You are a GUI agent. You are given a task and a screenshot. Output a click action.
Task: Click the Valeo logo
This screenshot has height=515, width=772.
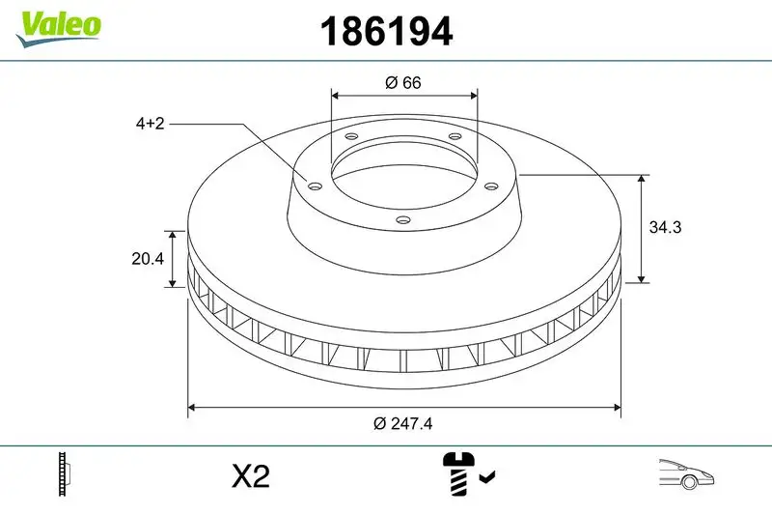(x=58, y=25)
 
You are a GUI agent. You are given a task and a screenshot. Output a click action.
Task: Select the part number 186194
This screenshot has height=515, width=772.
(x=386, y=32)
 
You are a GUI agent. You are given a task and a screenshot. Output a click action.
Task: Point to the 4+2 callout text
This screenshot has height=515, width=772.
(x=151, y=124)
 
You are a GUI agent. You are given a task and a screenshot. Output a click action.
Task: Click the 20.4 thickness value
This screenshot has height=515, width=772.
(x=149, y=259)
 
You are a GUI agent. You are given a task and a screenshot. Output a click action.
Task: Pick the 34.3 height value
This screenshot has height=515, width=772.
(x=667, y=228)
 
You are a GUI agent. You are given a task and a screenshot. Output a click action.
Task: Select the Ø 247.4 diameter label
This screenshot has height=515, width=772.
(x=403, y=423)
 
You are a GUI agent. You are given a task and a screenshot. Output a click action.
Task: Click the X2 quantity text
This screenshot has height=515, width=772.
(x=250, y=476)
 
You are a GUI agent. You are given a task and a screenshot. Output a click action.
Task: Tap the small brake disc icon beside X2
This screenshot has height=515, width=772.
(x=65, y=475)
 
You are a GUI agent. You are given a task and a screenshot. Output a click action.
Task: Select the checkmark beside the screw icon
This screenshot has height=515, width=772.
(x=487, y=476)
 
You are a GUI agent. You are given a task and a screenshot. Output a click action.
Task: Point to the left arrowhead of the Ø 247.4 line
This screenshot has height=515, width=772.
(x=191, y=408)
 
